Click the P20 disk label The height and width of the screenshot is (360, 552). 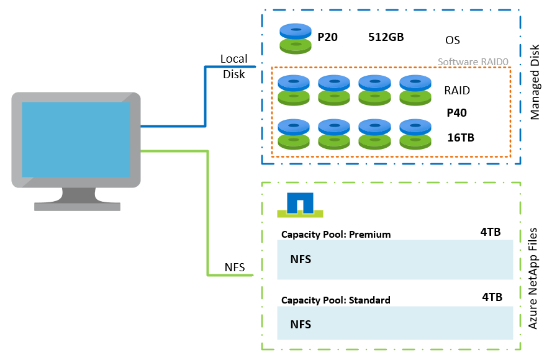[327, 37]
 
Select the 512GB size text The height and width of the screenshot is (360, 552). [386, 37]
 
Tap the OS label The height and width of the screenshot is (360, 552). [453, 40]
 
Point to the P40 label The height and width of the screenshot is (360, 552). [456, 113]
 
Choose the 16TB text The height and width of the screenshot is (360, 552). [461, 137]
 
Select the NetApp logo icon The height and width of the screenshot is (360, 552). [301, 205]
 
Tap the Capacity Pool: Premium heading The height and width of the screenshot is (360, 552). [336, 234]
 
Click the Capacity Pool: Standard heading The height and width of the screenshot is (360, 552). [336, 300]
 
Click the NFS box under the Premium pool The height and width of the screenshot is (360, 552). [395, 259]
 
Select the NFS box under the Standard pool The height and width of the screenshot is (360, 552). [395, 324]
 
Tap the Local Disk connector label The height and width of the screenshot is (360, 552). [233, 66]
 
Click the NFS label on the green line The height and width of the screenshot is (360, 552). [234, 268]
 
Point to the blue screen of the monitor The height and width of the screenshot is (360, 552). [76, 139]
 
